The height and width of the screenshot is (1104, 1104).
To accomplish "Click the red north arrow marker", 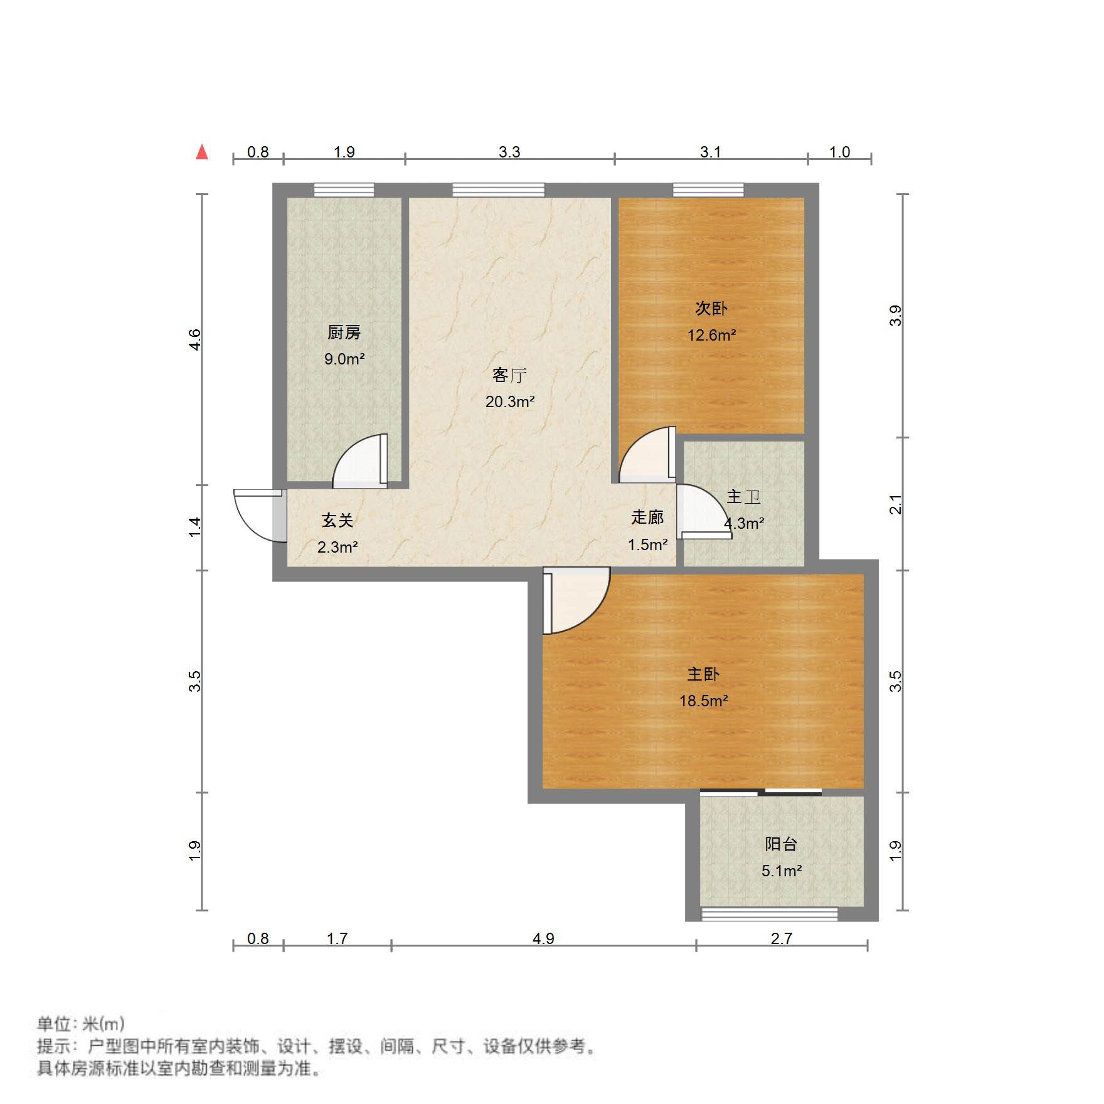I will [x=202, y=152].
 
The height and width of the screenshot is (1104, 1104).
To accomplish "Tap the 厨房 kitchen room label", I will [x=344, y=332].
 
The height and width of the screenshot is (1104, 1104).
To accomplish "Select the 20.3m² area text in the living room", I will [x=509, y=401].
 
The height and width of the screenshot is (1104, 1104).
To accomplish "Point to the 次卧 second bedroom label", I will [x=711, y=308].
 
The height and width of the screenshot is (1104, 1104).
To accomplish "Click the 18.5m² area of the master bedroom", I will [x=703, y=701].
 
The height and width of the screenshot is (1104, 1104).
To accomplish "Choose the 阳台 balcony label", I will [x=781, y=844].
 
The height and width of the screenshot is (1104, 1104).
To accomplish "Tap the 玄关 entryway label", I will [x=337, y=520].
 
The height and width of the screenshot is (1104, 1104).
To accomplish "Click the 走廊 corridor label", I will [x=647, y=517].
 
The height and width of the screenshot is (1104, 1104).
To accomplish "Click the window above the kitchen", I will [x=344, y=189].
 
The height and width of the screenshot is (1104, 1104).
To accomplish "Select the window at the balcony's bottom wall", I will [x=769, y=914].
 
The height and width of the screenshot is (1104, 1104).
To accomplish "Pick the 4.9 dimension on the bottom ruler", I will [x=543, y=938].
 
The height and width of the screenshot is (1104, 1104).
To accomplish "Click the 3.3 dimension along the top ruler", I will [x=509, y=152].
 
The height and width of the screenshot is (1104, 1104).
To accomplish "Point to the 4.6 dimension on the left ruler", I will [x=195, y=339].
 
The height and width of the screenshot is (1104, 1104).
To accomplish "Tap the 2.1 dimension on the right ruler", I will [x=896, y=504].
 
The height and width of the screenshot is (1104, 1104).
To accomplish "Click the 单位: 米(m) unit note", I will [x=81, y=1024].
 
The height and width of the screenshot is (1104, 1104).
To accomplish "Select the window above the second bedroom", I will [x=708, y=189].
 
